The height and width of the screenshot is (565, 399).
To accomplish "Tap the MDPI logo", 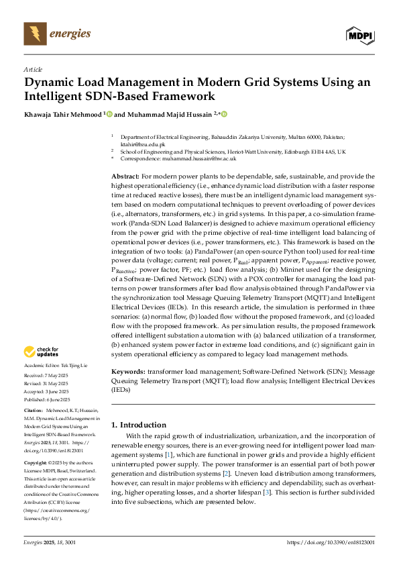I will pos(360,33).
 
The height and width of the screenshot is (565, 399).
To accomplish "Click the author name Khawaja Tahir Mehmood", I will pos(63,115).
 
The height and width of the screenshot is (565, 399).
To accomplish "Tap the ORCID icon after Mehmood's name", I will pos(109,115).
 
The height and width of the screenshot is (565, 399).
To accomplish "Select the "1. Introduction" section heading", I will pos(139,425).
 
